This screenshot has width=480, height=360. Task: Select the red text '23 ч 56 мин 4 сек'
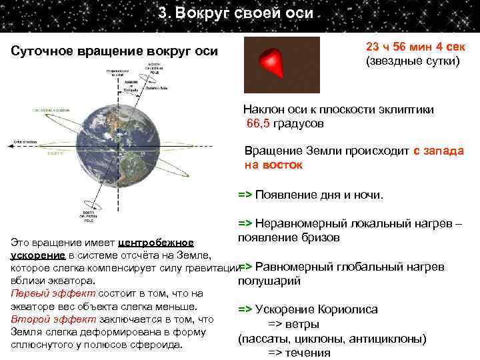tap(417, 48)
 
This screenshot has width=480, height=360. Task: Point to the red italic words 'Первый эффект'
tap(42, 293)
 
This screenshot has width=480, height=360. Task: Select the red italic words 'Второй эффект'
tap(41, 319)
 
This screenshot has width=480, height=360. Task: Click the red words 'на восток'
tap(273, 164)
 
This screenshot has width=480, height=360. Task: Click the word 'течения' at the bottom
tap(307, 353)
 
